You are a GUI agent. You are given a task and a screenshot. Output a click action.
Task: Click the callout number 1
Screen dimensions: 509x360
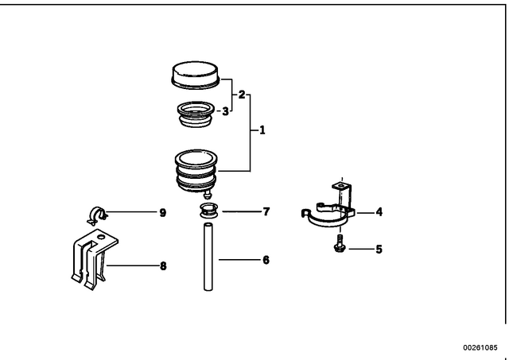(262, 130)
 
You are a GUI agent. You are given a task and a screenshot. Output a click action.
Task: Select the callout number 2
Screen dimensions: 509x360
(242, 95)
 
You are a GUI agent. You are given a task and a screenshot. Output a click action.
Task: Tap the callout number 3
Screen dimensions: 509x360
(225, 111)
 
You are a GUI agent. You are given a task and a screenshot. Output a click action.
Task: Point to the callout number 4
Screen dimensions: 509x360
(379, 212)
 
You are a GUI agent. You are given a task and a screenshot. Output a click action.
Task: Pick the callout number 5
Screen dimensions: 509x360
(379, 250)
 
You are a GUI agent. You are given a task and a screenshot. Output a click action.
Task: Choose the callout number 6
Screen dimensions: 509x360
(266, 260)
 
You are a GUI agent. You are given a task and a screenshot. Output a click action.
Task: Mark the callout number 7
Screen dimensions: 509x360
(266, 211)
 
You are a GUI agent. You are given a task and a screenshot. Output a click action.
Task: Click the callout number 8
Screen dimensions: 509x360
(163, 266)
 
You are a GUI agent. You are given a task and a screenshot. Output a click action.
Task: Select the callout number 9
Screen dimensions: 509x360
(163, 213)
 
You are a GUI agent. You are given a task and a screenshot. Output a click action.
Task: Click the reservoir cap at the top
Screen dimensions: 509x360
(196, 75)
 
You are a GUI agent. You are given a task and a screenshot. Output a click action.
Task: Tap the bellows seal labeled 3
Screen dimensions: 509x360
(196, 114)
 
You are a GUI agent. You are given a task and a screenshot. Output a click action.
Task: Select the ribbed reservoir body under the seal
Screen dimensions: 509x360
(196, 172)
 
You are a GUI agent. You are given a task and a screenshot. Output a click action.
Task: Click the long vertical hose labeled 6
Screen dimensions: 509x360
(208, 257)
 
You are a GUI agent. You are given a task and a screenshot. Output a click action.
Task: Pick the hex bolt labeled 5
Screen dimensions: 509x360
(340, 244)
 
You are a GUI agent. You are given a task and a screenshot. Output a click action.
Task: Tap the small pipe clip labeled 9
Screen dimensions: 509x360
(96, 215)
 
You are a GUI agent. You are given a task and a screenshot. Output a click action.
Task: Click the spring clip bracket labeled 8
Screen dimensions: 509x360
(94, 259)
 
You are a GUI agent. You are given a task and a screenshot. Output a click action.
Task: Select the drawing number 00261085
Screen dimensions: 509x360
(480, 347)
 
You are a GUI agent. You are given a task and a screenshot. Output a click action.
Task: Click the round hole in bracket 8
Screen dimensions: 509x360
(102, 237)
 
